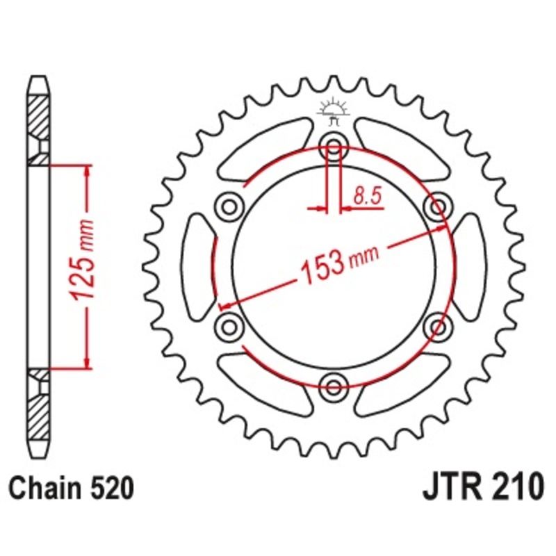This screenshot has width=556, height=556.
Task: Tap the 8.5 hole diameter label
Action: point(368,197)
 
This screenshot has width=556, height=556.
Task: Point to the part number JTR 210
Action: point(480,487)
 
